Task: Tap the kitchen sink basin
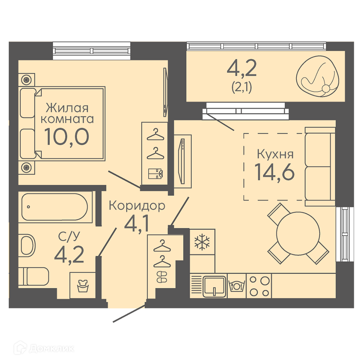click(x=214, y=286)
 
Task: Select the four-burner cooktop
click(x=259, y=286)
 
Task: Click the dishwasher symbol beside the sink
click(x=237, y=285)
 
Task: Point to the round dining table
click(x=298, y=233)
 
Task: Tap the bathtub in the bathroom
click(x=55, y=207)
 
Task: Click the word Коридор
click(x=137, y=206)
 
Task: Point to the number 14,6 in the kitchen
click(x=274, y=172)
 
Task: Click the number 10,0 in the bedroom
click(x=67, y=136)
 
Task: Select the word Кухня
click(x=275, y=154)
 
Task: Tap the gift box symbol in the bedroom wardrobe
click(x=155, y=174)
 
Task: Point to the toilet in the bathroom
click(x=33, y=277)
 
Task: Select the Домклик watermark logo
click(x=44, y=348)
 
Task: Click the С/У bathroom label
click(x=69, y=236)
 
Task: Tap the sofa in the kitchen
click(x=320, y=166)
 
